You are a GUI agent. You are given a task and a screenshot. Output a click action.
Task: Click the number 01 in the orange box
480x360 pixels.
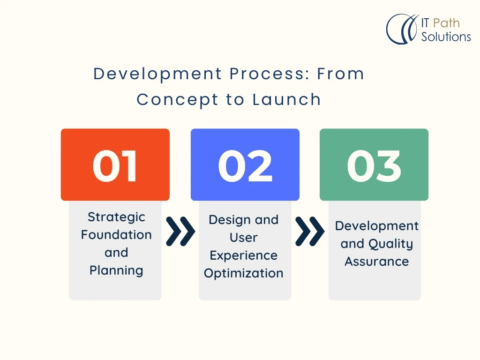[x=115, y=166]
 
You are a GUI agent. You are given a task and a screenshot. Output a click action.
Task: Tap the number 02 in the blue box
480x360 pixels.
[x=245, y=166]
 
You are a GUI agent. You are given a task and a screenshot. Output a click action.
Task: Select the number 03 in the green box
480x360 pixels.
[x=374, y=166]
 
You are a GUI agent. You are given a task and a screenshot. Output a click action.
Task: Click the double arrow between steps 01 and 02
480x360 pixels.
[x=180, y=232]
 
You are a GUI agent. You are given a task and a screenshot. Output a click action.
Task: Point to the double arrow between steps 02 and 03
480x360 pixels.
[x=310, y=232]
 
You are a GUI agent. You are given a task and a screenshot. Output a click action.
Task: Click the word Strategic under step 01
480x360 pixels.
[x=116, y=217]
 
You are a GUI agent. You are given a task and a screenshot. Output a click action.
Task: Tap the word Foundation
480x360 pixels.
[x=116, y=235]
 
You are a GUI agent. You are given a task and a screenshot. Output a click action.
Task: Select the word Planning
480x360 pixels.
[x=116, y=270]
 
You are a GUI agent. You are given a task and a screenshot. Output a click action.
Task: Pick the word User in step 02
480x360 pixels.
[x=244, y=238]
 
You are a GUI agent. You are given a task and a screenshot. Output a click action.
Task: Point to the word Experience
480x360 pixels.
[x=244, y=255]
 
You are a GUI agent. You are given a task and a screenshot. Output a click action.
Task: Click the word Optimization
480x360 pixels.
[x=244, y=273]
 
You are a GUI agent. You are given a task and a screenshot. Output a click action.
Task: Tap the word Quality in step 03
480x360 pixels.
[x=390, y=244]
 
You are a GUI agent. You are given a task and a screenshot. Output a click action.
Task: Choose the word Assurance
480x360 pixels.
[x=377, y=262]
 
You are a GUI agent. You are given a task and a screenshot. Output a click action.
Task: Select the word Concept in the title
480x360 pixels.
[x=178, y=100]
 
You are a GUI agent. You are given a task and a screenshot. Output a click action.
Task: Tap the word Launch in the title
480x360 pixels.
[x=286, y=99]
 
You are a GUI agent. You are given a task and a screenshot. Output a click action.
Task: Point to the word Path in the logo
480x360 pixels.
[x=446, y=23]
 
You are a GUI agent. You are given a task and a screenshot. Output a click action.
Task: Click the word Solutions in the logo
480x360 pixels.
[x=446, y=37]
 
